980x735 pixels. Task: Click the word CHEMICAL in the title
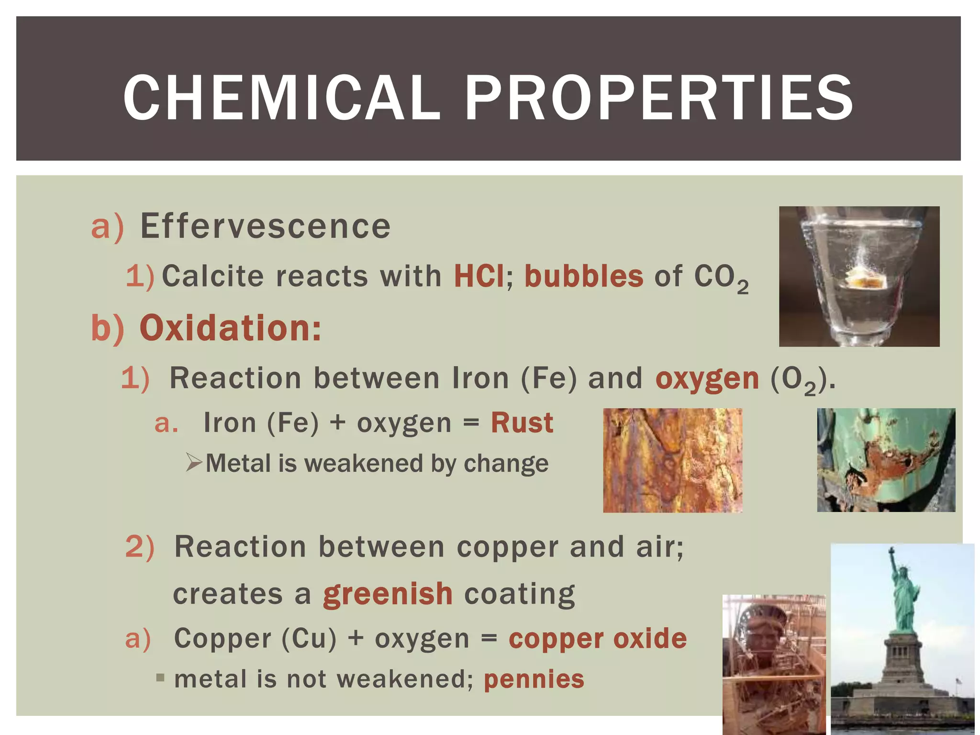point(281,98)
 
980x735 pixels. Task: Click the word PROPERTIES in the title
point(658,98)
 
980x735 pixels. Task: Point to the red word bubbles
point(584,276)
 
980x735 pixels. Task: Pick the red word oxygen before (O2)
point(707,379)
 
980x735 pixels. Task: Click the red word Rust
point(522,423)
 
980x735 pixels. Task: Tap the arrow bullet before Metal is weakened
point(194,463)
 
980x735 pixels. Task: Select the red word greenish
point(388,594)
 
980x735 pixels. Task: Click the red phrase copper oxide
point(597,639)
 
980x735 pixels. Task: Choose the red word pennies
point(534,679)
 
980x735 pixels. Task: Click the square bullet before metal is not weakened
point(160,678)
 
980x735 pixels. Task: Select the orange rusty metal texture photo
point(672,460)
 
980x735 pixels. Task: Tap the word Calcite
point(212,276)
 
